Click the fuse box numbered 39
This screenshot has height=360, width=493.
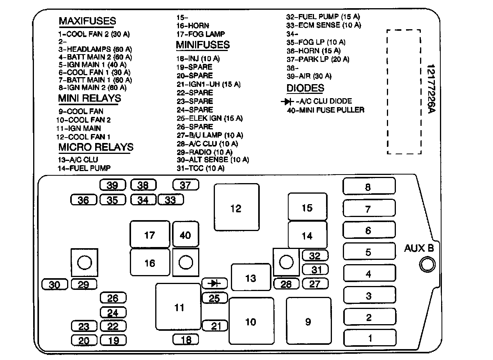[x=113, y=185]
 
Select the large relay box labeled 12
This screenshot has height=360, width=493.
[x=236, y=208]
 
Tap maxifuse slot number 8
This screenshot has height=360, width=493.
[x=369, y=186]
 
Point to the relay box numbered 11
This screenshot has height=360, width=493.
[x=178, y=307]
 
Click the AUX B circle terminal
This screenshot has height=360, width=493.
[x=427, y=265]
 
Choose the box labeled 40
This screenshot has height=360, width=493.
[x=185, y=235]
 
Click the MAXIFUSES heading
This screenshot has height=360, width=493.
[x=87, y=21]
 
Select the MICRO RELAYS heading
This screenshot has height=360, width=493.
[x=96, y=147]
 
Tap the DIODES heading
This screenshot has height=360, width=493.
[x=305, y=88]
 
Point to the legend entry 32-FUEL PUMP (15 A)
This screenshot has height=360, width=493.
[x=323, y=17]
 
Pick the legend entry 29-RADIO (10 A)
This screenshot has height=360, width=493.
[x=204, y=152]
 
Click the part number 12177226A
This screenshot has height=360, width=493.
[x=430, y=89]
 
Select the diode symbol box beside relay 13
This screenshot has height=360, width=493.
[x=215, y=283]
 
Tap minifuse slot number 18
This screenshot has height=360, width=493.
[x=186, y=339]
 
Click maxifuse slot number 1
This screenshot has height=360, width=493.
[x=369, y=337]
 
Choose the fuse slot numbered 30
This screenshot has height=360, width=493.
[x=55, y=285]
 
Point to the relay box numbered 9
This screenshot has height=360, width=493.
[x=308, y=321]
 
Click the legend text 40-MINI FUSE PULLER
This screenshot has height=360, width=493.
[x=325, y=110]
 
